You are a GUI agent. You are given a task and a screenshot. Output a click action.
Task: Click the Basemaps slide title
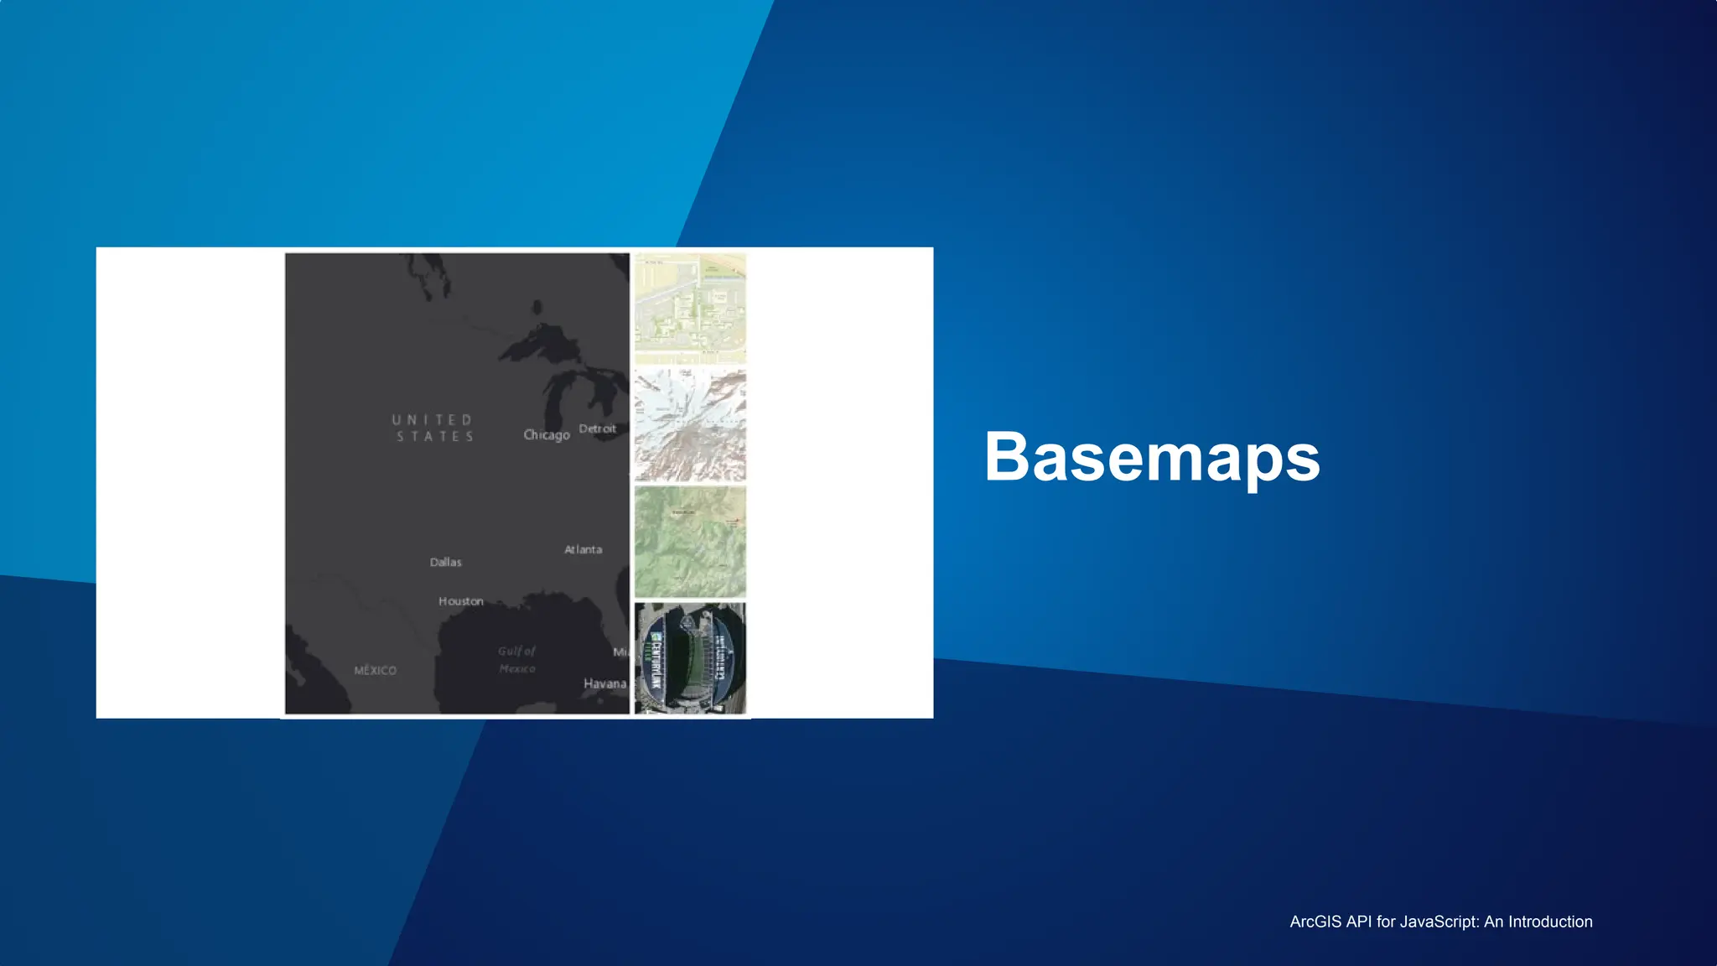click(x=1152, y=457)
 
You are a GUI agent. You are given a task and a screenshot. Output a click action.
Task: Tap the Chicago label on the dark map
click(x=546, y=434)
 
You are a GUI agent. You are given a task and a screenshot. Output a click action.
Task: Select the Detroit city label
click(x=597, y=428)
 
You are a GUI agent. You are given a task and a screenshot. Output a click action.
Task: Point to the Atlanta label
click(x=583, y=549)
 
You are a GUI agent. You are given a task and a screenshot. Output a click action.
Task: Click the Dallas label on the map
click(x=445, y=562)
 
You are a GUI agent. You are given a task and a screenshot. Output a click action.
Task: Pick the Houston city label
click(x=460, y=601)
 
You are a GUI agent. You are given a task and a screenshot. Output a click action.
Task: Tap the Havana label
click(x=604, y=683)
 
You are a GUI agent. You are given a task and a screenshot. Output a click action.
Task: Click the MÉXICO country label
click(x=375, y=670)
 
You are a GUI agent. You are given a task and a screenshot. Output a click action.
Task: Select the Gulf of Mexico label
click(x=516, y=659)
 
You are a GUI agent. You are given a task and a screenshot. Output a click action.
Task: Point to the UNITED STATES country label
click(x=433, y=428)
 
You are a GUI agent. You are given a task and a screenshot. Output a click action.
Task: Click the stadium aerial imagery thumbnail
click(x=689, y=658)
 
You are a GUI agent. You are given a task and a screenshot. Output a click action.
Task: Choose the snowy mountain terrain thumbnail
click(x=689, y=425)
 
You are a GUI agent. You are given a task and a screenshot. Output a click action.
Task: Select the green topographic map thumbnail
click(x=689, y=542)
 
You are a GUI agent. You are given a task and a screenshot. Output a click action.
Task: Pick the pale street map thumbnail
click(x=689, y=309)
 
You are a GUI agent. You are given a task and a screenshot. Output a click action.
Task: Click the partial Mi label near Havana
click(x=620, y=652)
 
